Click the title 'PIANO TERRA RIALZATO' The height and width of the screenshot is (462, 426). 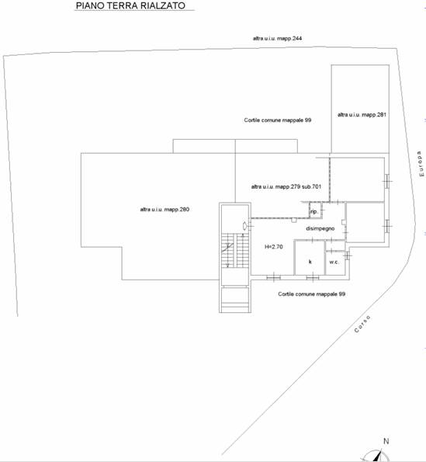pyautogui.click(x=130, y=5)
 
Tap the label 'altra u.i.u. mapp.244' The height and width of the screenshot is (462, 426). pyautogui.click(x=277, y=38)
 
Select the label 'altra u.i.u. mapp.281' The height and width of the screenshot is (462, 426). pyautogui.click(x=362, y=115)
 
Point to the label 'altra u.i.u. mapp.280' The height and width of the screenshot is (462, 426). pyautogui.click(x=165, y=210)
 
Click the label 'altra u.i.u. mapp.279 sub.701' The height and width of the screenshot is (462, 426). pyautogui.click(x=286, y=187)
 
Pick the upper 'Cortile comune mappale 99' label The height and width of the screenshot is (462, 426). pyautogui.click(x=278, y=120)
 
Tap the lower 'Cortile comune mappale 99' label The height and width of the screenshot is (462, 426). pyautogui.click(x=312, y=294)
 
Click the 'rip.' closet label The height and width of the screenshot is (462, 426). pyautogui.click(x=314, y=211)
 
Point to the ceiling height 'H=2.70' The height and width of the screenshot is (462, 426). pyautogui.click(x=274, y=247)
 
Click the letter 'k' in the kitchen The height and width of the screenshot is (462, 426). pyautogui.click(x=310, y=262)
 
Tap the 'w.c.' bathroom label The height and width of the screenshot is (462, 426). pyautogui.click(x=334, y=262)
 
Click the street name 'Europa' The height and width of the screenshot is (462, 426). pyautogui.click(x=421, y=164)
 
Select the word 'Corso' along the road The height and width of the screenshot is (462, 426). pyautogui.click(x=362, y=324)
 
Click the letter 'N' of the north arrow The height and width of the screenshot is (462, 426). pyautogui.click(x=386, y=441)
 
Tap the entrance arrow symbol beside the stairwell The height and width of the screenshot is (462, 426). pyautogui.click(x=245, y=226)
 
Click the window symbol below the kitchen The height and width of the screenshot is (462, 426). pyautogui.click(x=313, y=277)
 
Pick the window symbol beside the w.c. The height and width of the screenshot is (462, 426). pyautogui.click(x=348, y=255)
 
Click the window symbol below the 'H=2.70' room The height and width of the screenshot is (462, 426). pyautogui.click(x=273, y=277)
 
